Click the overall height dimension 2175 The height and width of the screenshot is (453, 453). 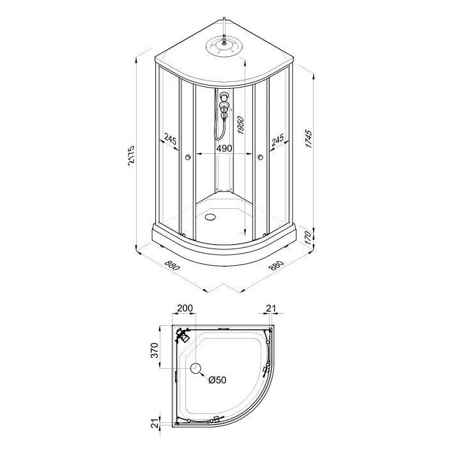click(x=131, y=158)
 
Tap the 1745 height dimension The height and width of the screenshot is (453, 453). click(x=309, y=139)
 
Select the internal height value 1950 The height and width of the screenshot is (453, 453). click(x=240, y=126)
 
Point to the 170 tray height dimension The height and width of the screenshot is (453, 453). click(x=309, y=238)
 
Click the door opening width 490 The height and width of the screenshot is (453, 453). click(x=224, y=148)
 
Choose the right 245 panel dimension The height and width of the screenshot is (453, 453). click(x=278, y=139)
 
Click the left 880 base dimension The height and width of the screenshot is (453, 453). click(x=172, y=265)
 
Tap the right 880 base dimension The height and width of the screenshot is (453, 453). click(x=276, y=265)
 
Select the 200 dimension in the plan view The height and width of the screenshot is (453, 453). click(x=185, y=308)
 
